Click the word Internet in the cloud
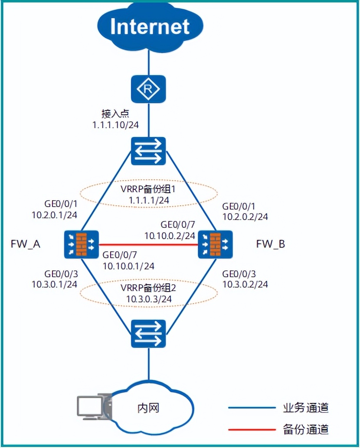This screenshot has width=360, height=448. coord(150,26)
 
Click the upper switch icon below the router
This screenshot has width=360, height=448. coord(148,151)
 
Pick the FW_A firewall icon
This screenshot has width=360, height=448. coord(81,244)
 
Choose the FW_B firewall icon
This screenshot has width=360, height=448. coord(215,244)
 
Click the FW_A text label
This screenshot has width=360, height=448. coord(26,244)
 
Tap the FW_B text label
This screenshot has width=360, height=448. coord(271,244)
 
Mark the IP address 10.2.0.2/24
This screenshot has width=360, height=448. coord(245,217)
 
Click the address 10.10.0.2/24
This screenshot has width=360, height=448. coord(170,236)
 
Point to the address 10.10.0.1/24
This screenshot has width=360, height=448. coord(128,266)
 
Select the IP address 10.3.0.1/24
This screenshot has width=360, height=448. coord(55,284)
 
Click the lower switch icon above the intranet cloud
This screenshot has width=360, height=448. coord(148,334)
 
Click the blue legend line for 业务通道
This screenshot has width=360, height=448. coord(252,408)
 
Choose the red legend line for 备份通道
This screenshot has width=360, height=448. coord(252,429)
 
